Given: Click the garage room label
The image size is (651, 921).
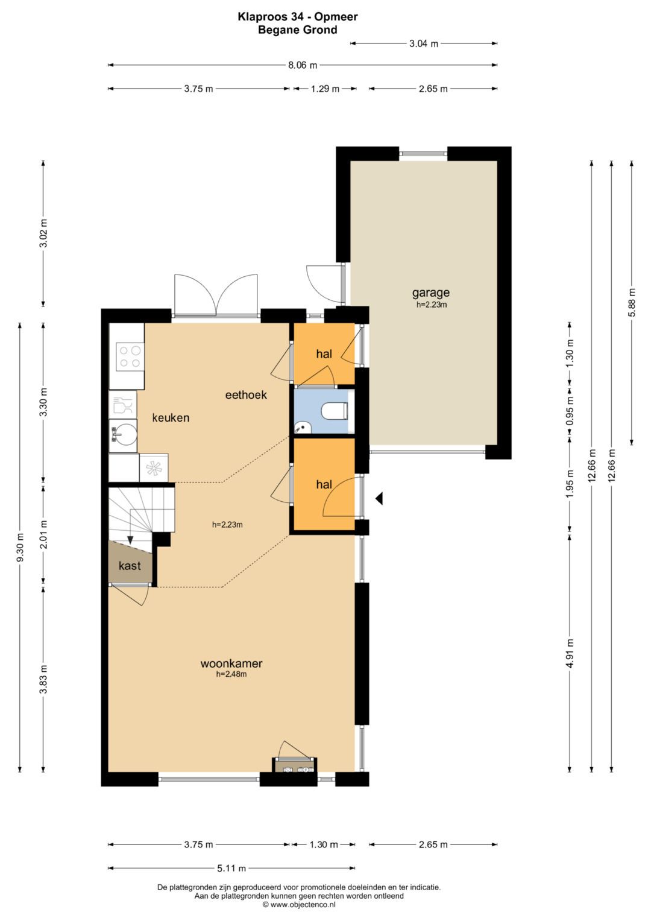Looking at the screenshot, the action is coord(431,293).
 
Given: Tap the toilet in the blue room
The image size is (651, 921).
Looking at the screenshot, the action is coord(335,411).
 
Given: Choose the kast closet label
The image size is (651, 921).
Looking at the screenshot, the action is coord(130,566).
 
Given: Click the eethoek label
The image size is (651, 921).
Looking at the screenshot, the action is coord(246,394).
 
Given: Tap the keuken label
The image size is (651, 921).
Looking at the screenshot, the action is coord(171,418).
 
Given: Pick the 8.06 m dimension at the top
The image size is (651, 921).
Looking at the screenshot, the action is coord(303,65).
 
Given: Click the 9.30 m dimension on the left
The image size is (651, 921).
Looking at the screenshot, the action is coord(20,548).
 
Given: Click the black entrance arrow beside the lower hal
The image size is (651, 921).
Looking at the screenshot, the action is coord(379,498).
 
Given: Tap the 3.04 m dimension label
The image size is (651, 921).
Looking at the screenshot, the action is coord(424,43).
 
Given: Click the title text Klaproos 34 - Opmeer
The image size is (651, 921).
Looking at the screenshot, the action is coord(298,16).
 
